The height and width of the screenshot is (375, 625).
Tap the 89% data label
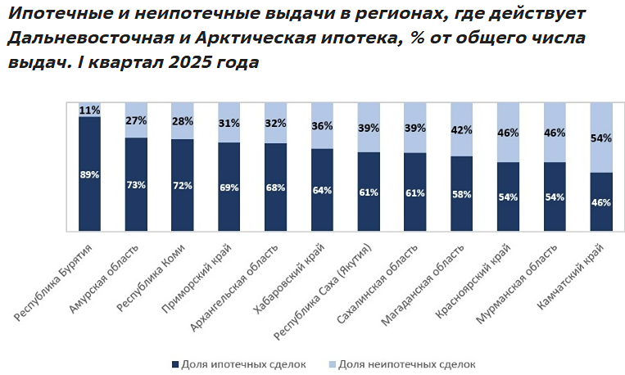pyautogui.click(x=89, y=174)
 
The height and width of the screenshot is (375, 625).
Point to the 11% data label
pyautogui.click(x=89, y=110)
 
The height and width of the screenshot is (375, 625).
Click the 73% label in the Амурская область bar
pyautogui.click(x=136, y=184)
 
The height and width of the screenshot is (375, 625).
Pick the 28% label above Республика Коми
pyautogui.click(x=182, y=121)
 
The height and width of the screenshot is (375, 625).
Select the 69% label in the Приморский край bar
pyautogui.click(x=229, y=187)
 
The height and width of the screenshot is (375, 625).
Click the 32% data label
pyautogui.click(x=275, y=124)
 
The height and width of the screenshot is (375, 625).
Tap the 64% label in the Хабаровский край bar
pyautogui.click(x=322, y=191)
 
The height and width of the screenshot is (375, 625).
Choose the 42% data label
pyautogui.click(x=462, y=129)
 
